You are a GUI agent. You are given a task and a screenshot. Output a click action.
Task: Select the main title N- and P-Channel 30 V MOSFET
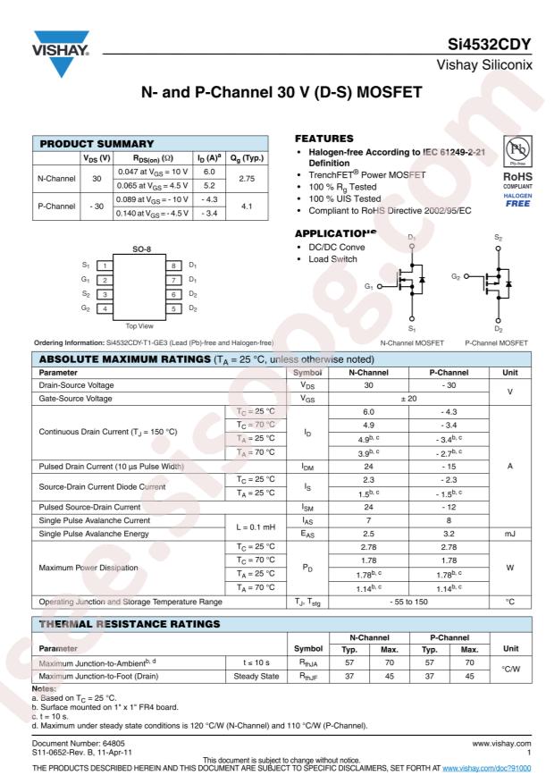pyautogui.click(x=277, y=92)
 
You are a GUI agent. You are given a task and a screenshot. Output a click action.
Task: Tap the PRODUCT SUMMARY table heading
pyautogui.click(x=88, y=143)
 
